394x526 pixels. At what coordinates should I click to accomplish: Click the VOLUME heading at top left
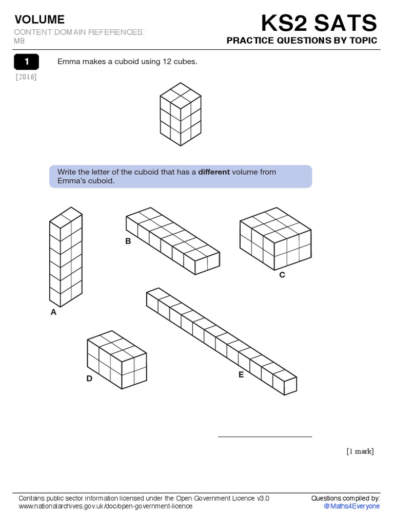point(40,20)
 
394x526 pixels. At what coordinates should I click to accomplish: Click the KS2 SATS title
point(319,23)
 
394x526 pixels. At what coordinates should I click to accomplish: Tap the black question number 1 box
point(27,62)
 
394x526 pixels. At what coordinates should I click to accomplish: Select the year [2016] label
point(26,77)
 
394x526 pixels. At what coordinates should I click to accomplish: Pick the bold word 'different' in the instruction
point(214,172)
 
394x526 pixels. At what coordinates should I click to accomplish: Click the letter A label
point(53,311)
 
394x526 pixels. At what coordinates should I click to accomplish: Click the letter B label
point(128,241)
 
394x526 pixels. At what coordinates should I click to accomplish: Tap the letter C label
point(282,275)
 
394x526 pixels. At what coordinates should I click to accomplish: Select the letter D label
point(89,379)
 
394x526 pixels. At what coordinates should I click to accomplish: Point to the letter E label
point(241,374)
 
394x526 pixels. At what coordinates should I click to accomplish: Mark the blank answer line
point(265,436)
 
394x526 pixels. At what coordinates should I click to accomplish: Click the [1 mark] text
point(360,452)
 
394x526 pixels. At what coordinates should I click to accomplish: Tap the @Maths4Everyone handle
point(351,506)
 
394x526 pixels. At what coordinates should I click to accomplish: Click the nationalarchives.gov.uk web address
point(105,506)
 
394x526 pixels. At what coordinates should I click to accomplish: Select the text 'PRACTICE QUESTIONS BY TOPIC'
point(302,41)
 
